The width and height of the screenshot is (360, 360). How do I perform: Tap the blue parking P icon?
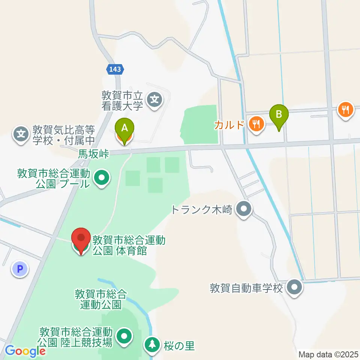coord(20,269)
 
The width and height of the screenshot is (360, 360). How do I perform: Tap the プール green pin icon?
coord(101,178)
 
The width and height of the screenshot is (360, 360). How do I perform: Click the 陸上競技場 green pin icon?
coord(124,336)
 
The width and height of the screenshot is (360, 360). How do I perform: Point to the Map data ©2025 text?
coord(328,354)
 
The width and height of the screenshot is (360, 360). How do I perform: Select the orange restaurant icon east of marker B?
coord(345,109)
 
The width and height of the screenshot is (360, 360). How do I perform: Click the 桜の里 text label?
coord(179,346)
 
